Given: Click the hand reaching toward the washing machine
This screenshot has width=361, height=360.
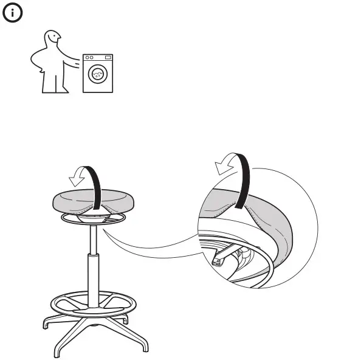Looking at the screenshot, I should click(78, 60).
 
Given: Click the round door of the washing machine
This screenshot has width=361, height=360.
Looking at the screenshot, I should click(97, 74).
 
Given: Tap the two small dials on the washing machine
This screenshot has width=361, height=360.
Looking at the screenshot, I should click(89, 58).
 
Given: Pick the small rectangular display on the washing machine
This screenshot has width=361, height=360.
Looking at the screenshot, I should click(108, 58).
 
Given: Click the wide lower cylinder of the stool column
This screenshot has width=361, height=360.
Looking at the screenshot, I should click(93, 280).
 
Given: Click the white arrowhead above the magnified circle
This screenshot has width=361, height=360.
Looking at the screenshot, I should click(224, 166).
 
